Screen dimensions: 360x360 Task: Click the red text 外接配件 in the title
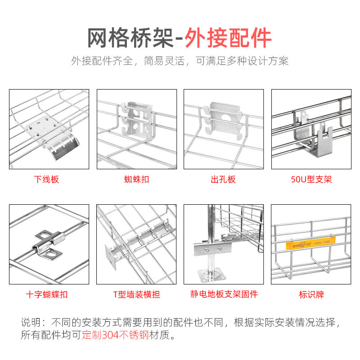coord(229,38)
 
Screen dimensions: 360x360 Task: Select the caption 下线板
coord(47,180)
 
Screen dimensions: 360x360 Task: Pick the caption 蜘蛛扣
coord(136,180)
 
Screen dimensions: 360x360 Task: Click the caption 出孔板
coord(223,180)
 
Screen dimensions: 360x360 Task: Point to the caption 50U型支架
coord(311,180)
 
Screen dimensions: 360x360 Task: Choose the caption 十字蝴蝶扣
coord(47,295)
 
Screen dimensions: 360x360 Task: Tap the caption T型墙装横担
coord(136,295)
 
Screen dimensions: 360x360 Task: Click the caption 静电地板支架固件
coord(223,295)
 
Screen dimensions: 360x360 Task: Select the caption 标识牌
coord(311,295)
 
